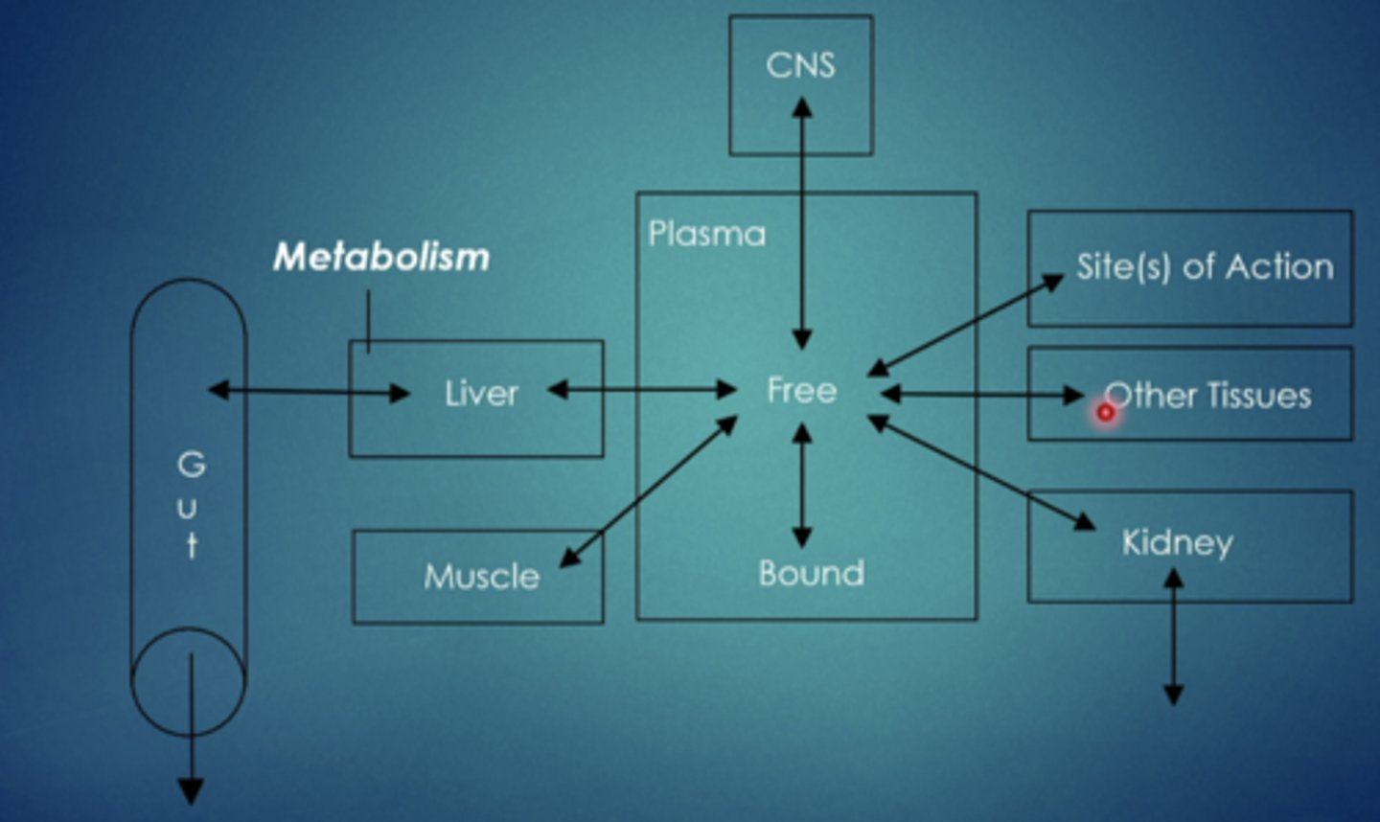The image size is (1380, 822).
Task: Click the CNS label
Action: (800, 65)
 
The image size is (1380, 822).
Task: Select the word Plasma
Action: (707, 234)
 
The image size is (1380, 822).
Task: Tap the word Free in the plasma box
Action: (801, 390)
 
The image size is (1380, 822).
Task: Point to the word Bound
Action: (811, 573)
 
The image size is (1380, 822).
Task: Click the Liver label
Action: (481, 393)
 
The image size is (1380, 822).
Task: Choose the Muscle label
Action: (481, 576)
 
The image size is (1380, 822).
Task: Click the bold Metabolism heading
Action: (381, 257)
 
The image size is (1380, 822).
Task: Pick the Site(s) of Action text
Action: (1204, 266)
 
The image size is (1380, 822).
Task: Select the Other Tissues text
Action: (1207, 395)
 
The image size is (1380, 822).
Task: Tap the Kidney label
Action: (1178, 542)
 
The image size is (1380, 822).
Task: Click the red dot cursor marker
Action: (1106, 413)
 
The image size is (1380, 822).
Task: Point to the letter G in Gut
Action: (192, 465)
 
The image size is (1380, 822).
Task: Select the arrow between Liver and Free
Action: (641, 390)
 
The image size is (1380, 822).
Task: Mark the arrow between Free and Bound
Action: (802, 485)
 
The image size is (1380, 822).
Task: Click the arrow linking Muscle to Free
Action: (648, 491)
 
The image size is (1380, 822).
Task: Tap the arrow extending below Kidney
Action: (1173, 637)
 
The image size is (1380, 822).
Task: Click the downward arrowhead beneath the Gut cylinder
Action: (191, 791)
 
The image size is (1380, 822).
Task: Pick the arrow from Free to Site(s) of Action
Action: (966, 324)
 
